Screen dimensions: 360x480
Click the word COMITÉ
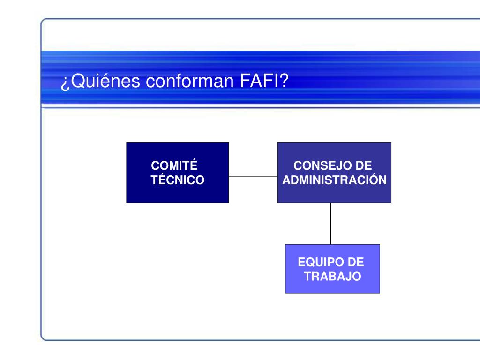[173, 166]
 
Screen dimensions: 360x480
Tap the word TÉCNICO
[178, 180]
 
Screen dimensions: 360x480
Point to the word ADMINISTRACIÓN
[335, 180]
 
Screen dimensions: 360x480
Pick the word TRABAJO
[332, 277]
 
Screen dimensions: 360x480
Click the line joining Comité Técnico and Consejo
[253, 177]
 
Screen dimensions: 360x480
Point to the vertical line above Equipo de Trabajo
[330, 223]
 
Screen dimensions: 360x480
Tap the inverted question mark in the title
[65, 83]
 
